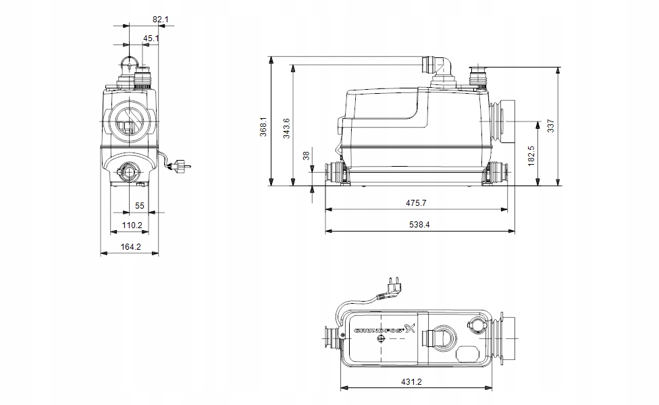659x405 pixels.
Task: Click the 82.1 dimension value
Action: tap(160, 20)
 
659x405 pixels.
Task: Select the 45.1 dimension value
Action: tap(152, 38)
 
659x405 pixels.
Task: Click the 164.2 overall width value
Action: tap(130, 246)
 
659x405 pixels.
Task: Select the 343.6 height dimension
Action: tap(286, 128)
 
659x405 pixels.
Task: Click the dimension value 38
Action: tap(306, 155)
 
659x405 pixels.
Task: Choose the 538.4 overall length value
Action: tap(419, 224)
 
